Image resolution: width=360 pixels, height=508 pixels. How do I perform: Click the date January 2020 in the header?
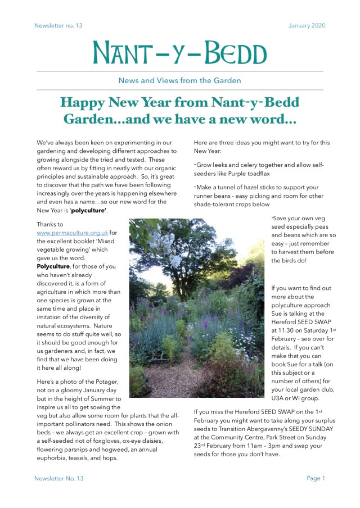tap(307, 25)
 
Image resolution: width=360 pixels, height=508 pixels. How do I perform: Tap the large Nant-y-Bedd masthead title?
tap(180, 52)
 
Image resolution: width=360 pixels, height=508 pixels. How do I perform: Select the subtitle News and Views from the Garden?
tap(179, 80)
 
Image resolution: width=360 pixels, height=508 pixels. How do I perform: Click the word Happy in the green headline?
tap(85, 103)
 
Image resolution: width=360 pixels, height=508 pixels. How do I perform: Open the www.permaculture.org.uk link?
tap(72, 233)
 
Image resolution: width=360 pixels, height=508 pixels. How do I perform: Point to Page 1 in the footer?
tap(316, 478)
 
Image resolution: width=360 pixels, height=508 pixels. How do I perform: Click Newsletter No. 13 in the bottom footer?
tap(58, 478)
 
